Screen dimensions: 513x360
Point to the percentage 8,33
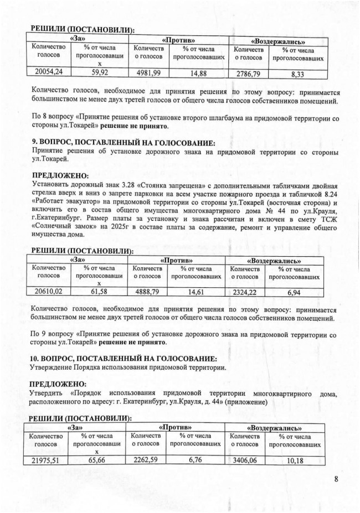pyautogui.click(x=301, y=73)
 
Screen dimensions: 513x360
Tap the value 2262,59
pyautogui.click(x=146, y=459)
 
